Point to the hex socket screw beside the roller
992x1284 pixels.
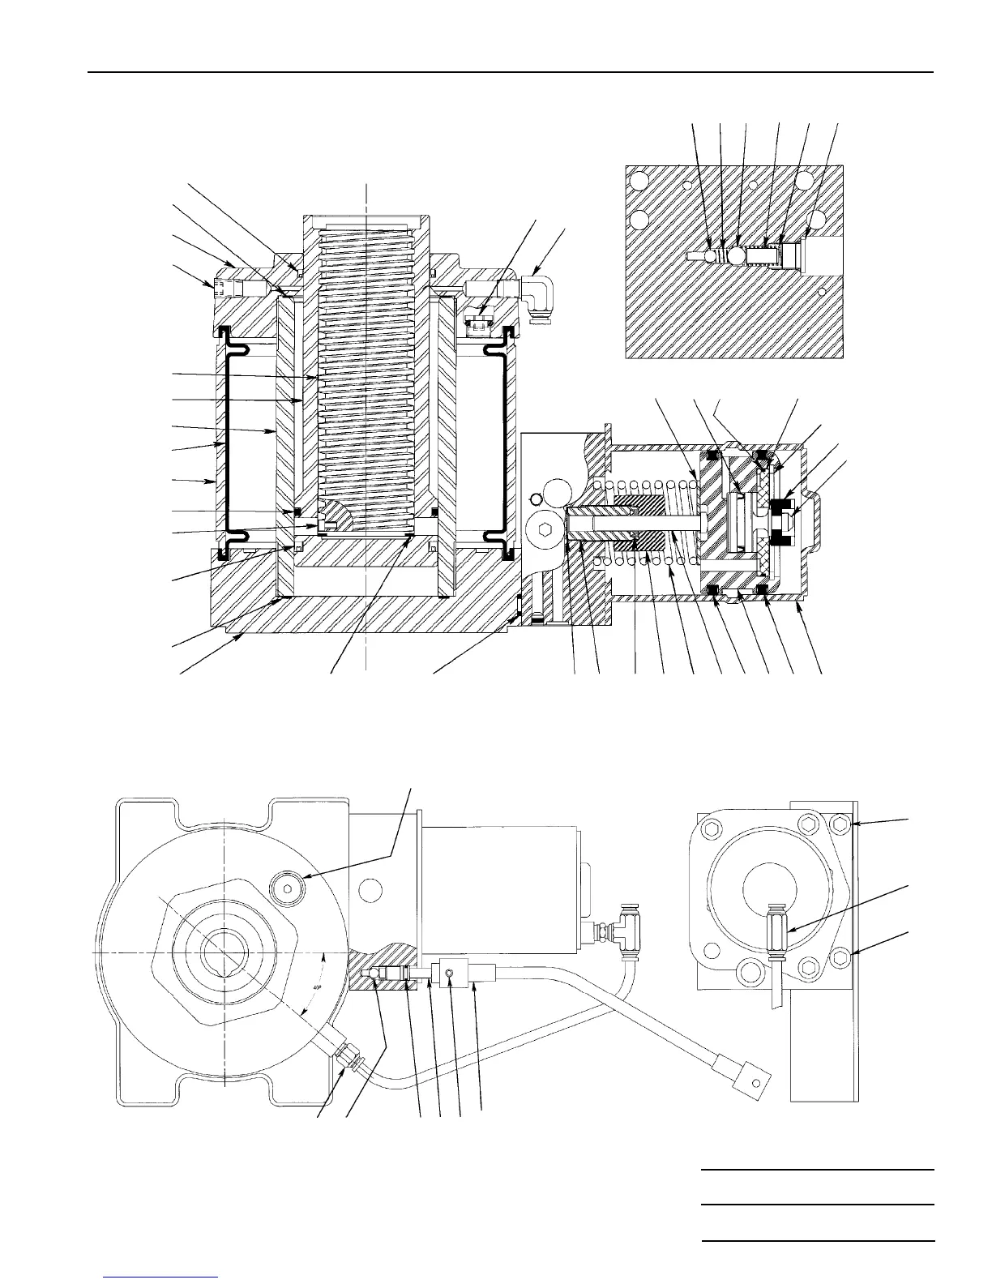(x=540, y=529)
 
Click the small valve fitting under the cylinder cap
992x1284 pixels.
(x=478, y=322)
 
